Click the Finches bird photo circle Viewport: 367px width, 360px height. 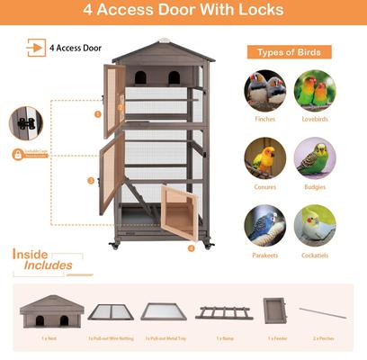265,91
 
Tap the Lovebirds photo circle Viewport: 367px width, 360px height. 315,91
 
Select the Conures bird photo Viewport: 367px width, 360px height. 265,157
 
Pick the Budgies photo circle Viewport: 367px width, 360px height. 315,157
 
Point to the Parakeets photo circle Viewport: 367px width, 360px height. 265,225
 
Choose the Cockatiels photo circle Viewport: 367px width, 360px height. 315,225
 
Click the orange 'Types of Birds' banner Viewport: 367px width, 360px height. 290,52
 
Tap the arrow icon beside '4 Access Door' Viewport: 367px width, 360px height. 36,48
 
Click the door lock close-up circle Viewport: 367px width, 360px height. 27,123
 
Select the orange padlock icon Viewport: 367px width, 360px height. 17,154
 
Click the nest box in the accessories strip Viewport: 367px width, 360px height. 51,312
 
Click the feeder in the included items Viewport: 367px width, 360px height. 274,310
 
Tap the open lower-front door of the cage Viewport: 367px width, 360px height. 179,213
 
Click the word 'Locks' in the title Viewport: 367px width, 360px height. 256,11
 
